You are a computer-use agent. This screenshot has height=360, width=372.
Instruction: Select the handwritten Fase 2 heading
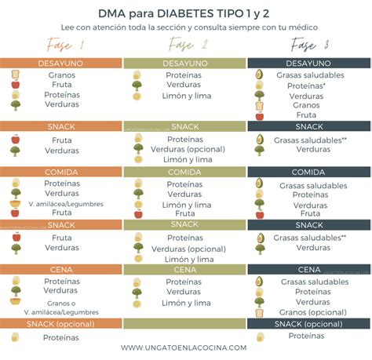[185, 45]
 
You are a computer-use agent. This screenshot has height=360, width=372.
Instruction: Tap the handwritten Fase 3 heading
[308, 45]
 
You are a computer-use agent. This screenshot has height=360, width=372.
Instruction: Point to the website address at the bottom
[185, 347]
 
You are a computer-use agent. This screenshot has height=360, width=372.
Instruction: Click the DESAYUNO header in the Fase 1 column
[61, 62]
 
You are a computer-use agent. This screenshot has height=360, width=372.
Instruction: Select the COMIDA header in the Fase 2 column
[185, 172]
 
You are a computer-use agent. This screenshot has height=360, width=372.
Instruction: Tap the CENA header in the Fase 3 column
[308, 269]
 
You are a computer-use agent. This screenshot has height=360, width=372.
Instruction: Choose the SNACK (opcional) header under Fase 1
[61, 323]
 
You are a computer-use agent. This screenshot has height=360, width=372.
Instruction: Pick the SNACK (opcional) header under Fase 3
[308, 323]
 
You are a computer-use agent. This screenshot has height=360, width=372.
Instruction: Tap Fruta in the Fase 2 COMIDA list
[185, 213]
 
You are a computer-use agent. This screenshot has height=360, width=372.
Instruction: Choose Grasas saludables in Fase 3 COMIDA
[309, 185]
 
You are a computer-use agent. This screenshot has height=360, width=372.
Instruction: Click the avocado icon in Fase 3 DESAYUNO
[260, 75]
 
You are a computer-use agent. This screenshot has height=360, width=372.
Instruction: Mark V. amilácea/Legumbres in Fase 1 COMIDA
[63, 203]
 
